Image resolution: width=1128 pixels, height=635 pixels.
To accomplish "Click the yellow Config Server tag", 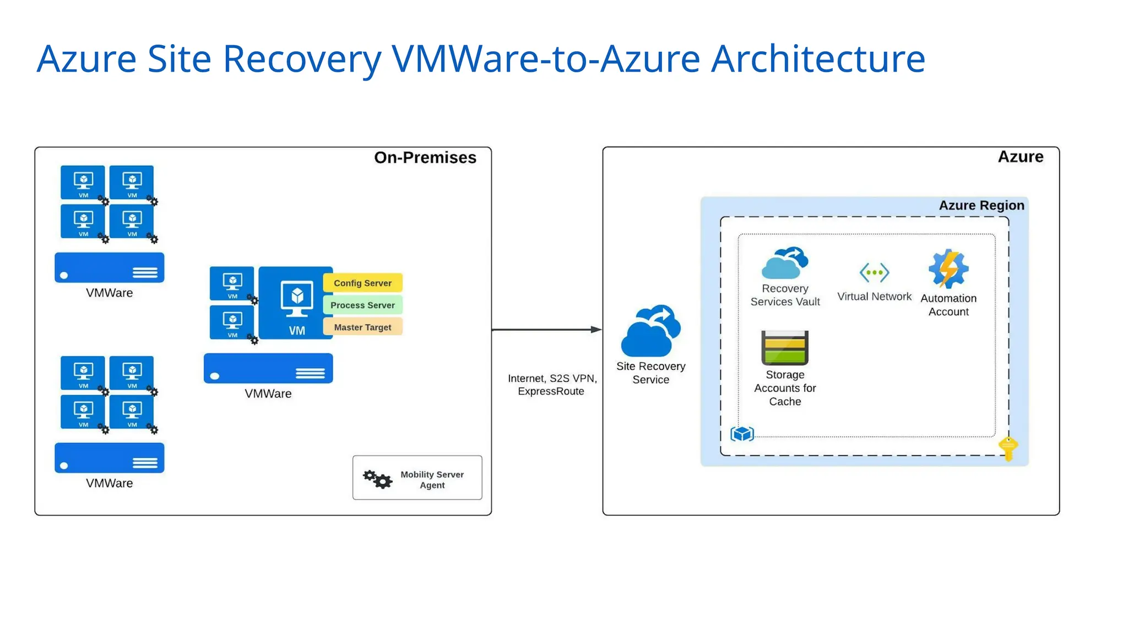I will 362,283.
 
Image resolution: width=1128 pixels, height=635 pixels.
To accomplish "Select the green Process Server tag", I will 362,305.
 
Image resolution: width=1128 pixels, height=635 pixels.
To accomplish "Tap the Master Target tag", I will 362,327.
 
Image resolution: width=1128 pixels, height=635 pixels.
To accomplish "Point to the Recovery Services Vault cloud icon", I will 785,263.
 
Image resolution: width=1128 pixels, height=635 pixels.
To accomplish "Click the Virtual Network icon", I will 874,272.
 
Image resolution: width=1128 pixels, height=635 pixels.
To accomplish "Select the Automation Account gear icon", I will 948,269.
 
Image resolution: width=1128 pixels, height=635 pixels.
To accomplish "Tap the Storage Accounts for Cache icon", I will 785,348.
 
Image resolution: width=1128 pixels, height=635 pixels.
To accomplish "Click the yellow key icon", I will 1008,448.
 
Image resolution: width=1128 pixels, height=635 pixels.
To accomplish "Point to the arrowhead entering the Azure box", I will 596,330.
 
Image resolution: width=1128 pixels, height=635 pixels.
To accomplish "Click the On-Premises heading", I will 425,158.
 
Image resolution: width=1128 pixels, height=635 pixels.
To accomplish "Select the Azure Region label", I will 981,206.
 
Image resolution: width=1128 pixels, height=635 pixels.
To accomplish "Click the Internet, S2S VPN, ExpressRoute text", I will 552,385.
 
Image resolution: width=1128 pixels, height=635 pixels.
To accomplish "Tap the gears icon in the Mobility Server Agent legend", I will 377,478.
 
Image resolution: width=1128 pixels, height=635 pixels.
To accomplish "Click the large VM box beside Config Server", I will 296,303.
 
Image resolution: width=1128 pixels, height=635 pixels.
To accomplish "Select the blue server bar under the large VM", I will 268,368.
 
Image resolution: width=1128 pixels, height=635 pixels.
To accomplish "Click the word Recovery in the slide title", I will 302,59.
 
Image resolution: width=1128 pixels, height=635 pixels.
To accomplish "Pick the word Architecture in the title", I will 818,59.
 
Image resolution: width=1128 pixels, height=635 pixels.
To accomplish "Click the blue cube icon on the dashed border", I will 742,434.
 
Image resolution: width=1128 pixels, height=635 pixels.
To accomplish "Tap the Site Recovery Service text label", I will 650,373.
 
